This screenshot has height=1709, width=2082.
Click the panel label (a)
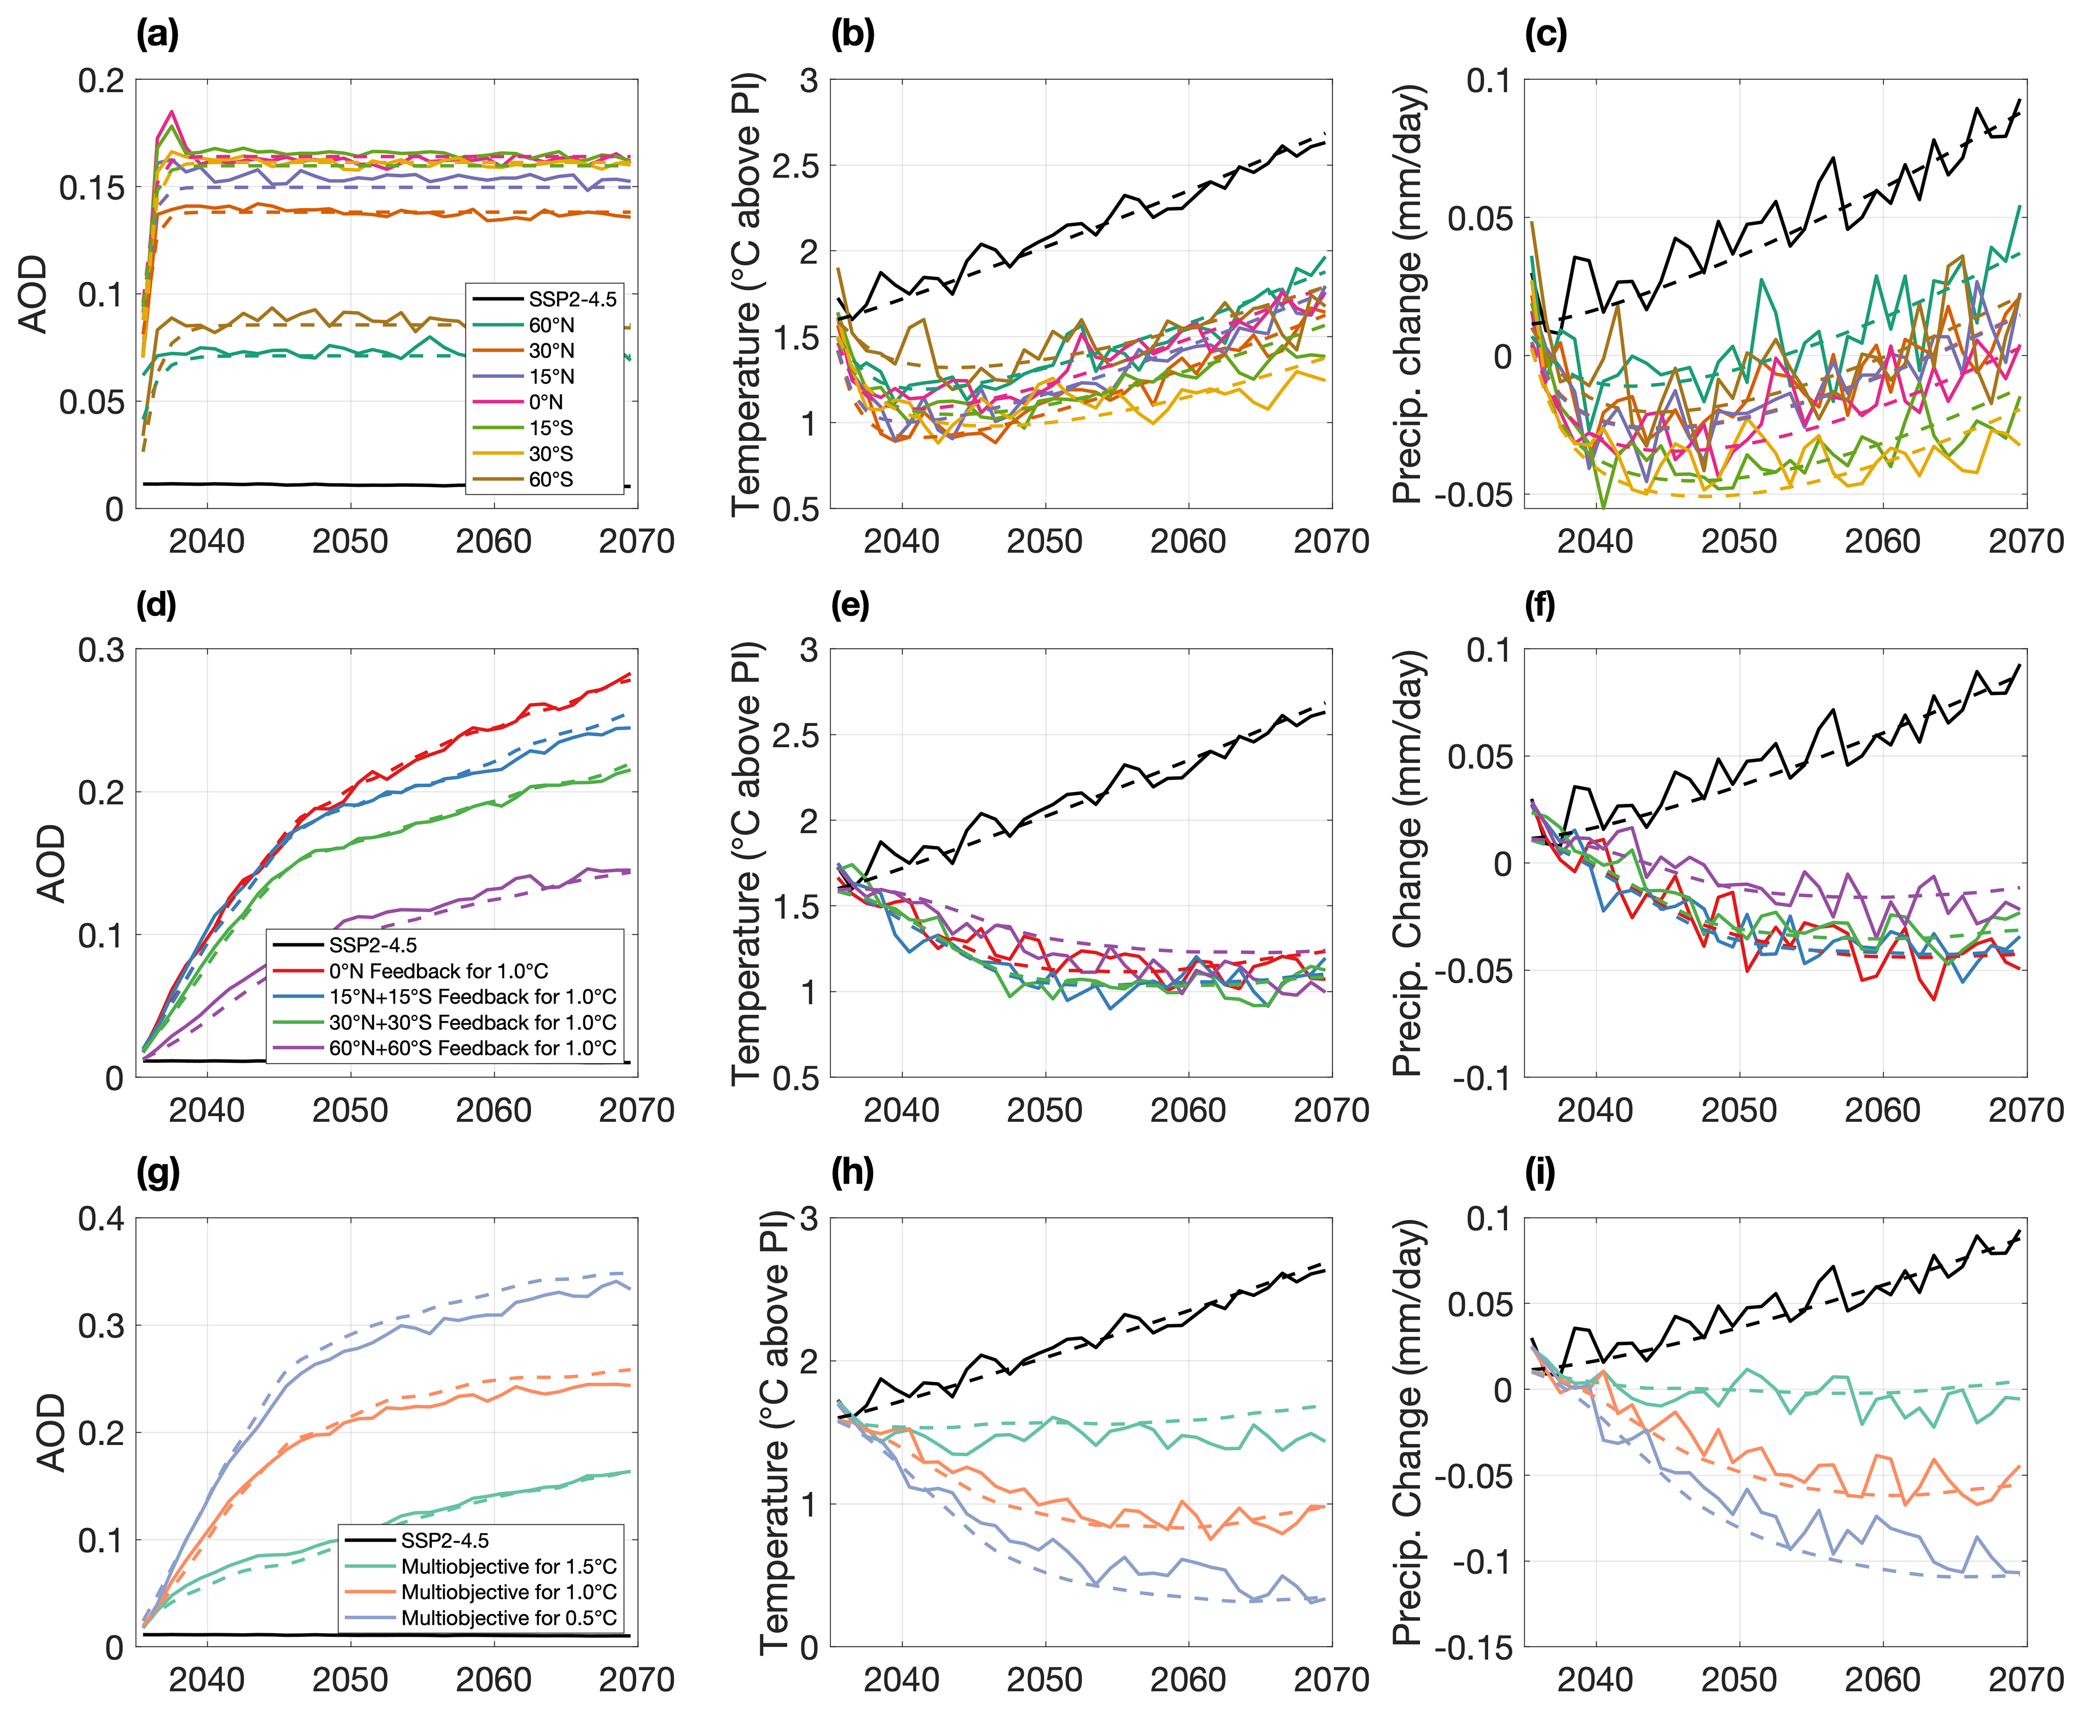tap(157, 36)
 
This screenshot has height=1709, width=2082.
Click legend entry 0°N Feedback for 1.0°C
tap(438, 971)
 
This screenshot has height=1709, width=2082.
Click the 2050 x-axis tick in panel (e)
tap(1044, 1110)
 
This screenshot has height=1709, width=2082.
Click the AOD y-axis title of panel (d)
tap(51, 863)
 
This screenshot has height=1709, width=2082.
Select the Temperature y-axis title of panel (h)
tap(776, 1432)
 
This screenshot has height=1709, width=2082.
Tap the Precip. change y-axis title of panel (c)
tap(1410, 293)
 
